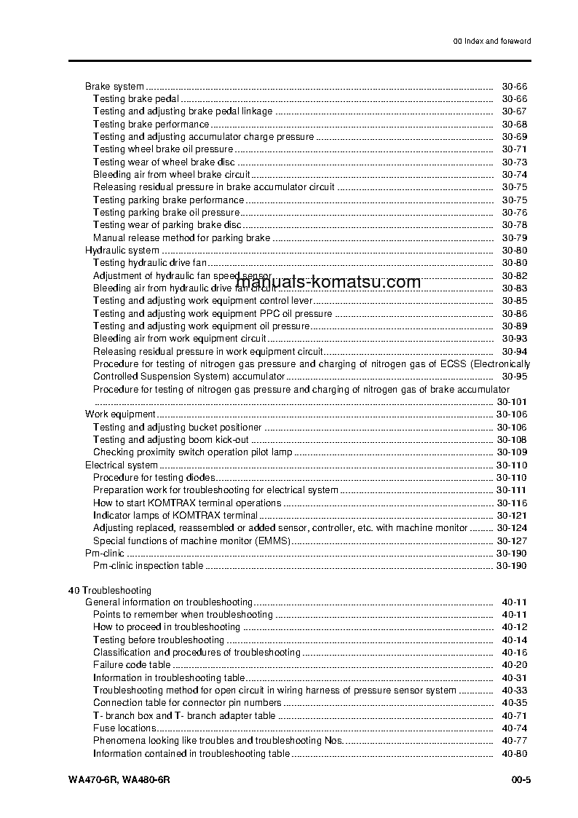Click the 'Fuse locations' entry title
point(124,728)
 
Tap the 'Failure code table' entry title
point(132,664)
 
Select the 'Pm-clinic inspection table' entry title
point(149,566)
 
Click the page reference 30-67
point(514,111)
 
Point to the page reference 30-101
point(512,402)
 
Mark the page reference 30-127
point(512,540)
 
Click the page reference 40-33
point(514,690)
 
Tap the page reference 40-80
point(514,754)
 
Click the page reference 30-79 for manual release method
point(514,238)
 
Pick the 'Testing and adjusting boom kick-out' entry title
point(171,440)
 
